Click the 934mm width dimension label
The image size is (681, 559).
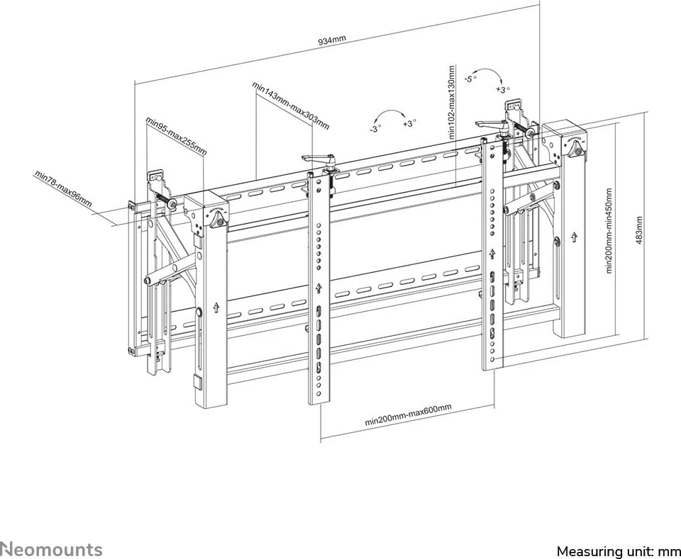(x=332, y=40)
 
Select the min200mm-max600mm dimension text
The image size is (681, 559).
(x=409, y=414)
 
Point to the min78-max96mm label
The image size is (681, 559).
(x=63, y=189)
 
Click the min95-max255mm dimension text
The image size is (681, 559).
(x=176, y=135)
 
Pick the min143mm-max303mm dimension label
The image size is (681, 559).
(x=291, y=106)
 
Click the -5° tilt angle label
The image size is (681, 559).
(x=470, y=79)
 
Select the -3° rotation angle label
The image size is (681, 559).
(x=375, y=129)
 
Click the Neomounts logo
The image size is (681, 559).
(x=51, y=549)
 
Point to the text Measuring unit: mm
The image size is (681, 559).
(x=619, y=550)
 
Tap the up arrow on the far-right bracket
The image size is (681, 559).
(x=574, y=237)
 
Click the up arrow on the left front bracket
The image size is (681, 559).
(x=216, y=307)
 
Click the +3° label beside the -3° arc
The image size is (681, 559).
(x=409, y=123)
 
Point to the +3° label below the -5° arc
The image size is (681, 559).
(x=503, y=90)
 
